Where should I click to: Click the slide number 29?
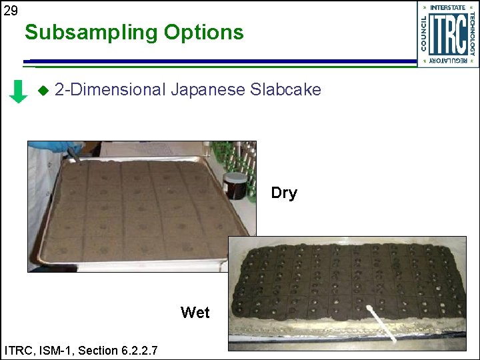click(10, 10)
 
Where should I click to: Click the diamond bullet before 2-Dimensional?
click(44, 89)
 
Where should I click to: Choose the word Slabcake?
click(285, 89)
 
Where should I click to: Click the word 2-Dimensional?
click(109, 89)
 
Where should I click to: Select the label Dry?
click(284, 193)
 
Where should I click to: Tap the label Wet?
click(195, 313)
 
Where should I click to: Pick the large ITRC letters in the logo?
click(447, 34)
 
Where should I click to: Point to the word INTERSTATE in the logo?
click(447, 7)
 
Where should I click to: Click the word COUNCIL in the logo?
click(423, 34)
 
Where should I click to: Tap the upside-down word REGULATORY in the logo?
click(447, 61)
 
